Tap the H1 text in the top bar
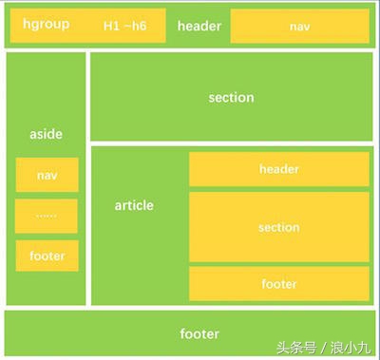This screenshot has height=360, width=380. point(112,27)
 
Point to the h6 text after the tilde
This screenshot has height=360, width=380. point(139,27)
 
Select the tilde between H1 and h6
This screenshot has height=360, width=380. point(125,27)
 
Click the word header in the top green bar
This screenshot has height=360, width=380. point(199,26)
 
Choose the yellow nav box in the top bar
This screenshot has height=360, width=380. point(299,27)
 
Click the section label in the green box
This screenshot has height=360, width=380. point(231,97)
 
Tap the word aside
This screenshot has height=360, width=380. point(46,135)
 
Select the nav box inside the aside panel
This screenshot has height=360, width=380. point(47,175)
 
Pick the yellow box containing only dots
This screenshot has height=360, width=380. point(47,216)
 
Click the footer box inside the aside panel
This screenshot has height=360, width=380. point(47,256)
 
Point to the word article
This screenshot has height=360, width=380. point(134,205)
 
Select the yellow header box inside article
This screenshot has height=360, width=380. point(278,169)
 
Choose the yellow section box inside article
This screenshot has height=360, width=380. point(278,227)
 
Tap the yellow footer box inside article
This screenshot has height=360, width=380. point(278,283)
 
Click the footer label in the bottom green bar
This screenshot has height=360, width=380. point(199,333)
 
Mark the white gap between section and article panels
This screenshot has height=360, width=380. point(231,143)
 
